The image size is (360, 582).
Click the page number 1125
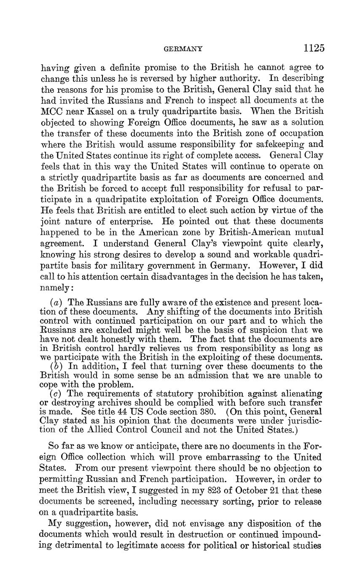(x=314, y=48)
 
